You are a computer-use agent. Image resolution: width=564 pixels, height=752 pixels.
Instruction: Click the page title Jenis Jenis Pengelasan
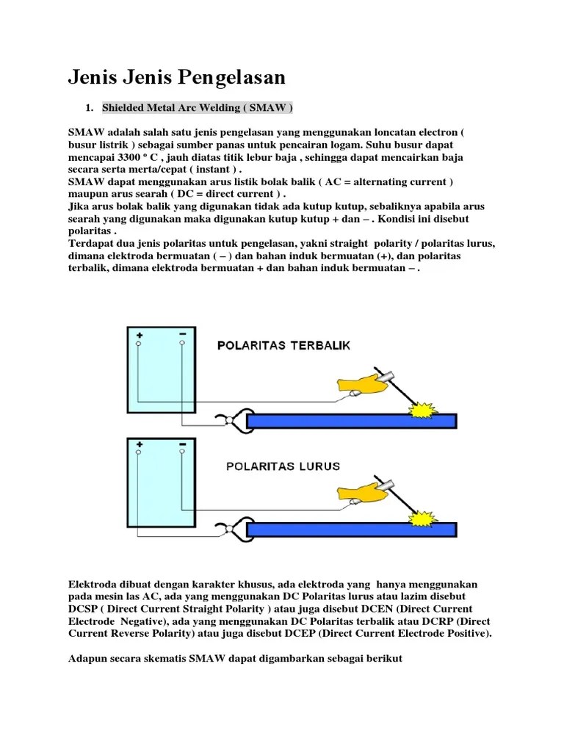point(176,77)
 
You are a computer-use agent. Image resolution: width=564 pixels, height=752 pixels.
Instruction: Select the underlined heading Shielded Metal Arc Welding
point(198,108)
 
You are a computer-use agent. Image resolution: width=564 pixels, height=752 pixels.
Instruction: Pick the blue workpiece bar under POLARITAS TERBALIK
point(352,421)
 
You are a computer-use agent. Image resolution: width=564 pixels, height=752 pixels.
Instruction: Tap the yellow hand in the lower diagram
point(361,493)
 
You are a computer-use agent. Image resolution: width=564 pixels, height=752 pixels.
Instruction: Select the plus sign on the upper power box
point(139,334)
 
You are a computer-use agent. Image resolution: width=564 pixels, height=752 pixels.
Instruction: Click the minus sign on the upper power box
point(182,334)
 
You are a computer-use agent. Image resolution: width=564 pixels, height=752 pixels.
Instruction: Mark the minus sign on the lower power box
point(182,444)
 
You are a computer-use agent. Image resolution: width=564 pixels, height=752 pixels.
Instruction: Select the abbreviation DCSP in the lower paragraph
point(83,610)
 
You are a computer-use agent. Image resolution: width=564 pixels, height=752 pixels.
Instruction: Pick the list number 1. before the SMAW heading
point(89,108)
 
